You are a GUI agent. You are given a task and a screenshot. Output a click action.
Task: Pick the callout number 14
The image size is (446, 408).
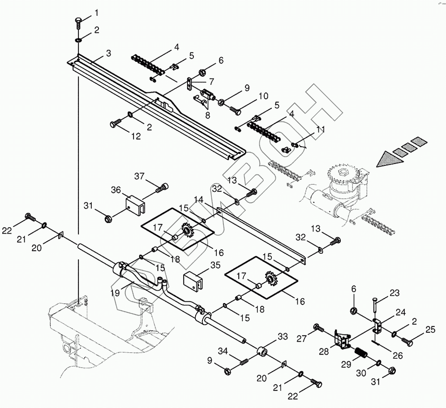click(x=198, y=199)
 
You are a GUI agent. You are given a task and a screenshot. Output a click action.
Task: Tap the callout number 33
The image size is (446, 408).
click(x=283, y=336)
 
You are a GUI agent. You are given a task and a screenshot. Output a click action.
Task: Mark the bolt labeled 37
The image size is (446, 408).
click(x=163, y=188)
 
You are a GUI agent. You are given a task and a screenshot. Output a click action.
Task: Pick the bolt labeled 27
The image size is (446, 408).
click(x=318, y=328)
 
